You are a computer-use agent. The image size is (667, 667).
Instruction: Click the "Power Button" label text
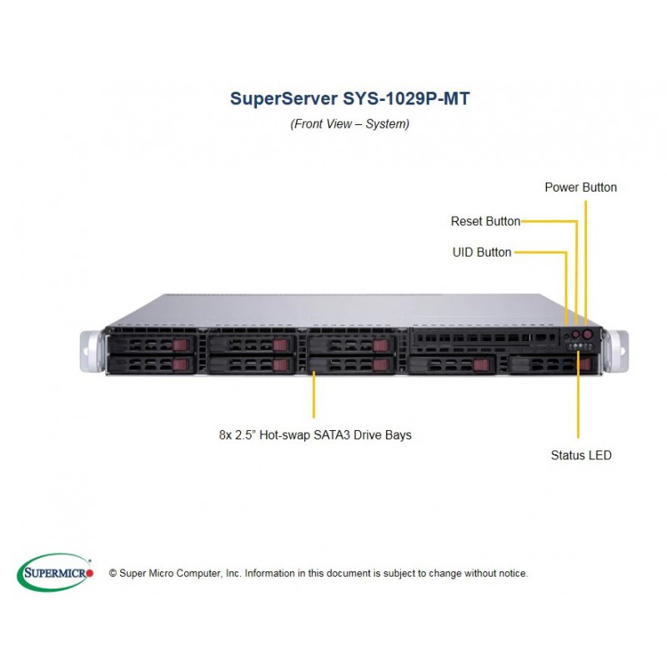pos(580,187)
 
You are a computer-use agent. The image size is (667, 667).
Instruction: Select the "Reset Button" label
pos(485,221)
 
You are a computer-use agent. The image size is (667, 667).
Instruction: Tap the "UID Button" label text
pos(482,253)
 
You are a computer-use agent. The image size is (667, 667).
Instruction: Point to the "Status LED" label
pos(581,455)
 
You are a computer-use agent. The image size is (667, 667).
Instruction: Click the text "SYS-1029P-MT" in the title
pos(406,98)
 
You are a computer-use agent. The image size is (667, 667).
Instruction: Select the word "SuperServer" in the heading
pos(283,98)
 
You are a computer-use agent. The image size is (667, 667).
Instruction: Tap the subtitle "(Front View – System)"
pos(349,123)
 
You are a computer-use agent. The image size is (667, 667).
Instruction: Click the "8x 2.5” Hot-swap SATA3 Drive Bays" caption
pos(315,434)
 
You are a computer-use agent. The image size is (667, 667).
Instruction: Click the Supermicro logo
pos(55,572)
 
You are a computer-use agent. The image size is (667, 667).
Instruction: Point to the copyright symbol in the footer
pos(113,574)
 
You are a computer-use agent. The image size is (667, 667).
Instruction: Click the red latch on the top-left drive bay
pos(179,344)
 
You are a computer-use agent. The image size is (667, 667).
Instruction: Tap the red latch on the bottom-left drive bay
pos(180,364)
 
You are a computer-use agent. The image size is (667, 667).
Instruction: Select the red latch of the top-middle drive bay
pos(280,344)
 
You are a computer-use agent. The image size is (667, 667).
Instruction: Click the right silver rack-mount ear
pos(616,352)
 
